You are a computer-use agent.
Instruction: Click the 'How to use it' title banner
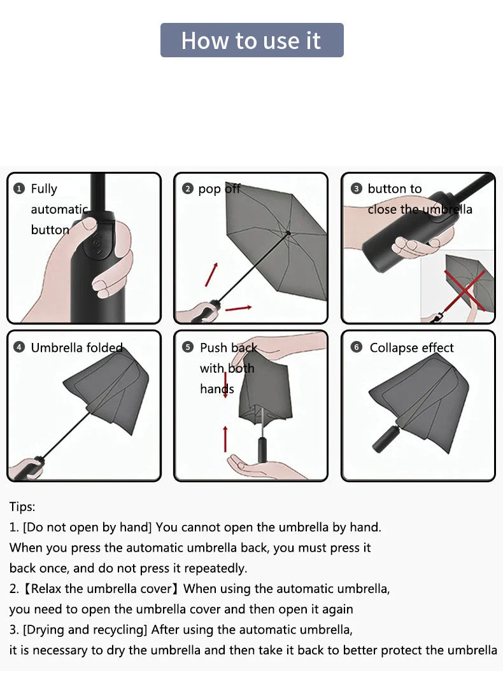(252, 40)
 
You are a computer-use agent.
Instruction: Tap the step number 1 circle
(19, 189)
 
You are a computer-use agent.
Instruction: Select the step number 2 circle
(188, 189)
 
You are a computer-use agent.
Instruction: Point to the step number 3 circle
(356, 189)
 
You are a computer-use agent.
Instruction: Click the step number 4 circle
(19, 347)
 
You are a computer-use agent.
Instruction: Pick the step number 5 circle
(188, 347)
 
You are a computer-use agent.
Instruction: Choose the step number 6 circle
(356, 347)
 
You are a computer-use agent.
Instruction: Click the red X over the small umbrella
(465, 290)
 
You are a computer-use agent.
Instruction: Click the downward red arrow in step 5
(225, 384)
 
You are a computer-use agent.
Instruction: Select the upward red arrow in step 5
(225, 438)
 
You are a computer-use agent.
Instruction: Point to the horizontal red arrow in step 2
(239, 308)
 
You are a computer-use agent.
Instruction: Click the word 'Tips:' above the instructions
(22, 506)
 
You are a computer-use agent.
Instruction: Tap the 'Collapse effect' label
(411, 348)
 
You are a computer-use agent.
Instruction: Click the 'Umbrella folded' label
(77, 347)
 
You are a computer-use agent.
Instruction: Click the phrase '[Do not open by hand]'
(87, 527)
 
